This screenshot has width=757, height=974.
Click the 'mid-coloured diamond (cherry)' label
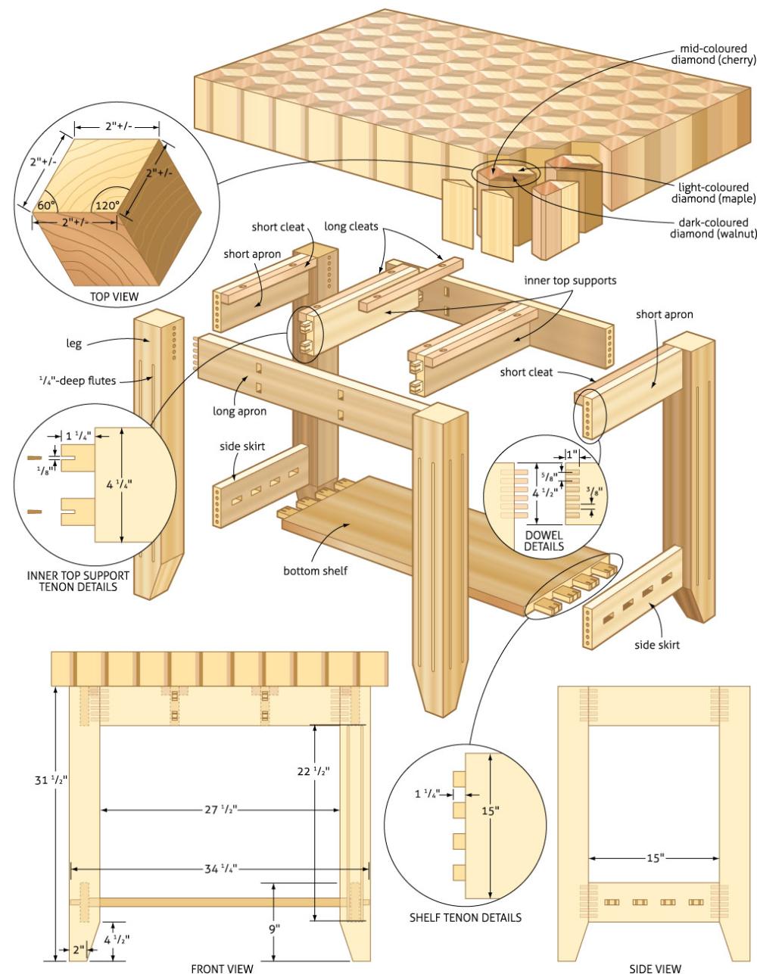coord(713,54)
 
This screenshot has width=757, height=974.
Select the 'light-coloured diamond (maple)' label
coord(712,193)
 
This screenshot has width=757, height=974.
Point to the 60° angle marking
coord(47,205)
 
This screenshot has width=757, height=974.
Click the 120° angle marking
coord(106,205)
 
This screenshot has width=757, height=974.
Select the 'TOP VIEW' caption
coord(114,297)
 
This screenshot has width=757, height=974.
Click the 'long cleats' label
coord(351,226)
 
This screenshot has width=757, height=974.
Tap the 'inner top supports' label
coord(570,280)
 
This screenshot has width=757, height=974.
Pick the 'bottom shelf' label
coord(316,571)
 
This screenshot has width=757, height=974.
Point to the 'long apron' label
coord(239,412)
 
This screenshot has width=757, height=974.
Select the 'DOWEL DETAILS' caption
coord(544,540)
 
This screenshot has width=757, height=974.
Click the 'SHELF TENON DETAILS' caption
coord(465,917)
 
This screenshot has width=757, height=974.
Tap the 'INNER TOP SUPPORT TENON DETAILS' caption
coord(78,580)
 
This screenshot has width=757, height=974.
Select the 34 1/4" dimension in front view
coord(220,868)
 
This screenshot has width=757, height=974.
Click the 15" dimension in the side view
coord(655,857)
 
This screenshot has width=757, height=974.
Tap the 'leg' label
coord(73,344)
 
